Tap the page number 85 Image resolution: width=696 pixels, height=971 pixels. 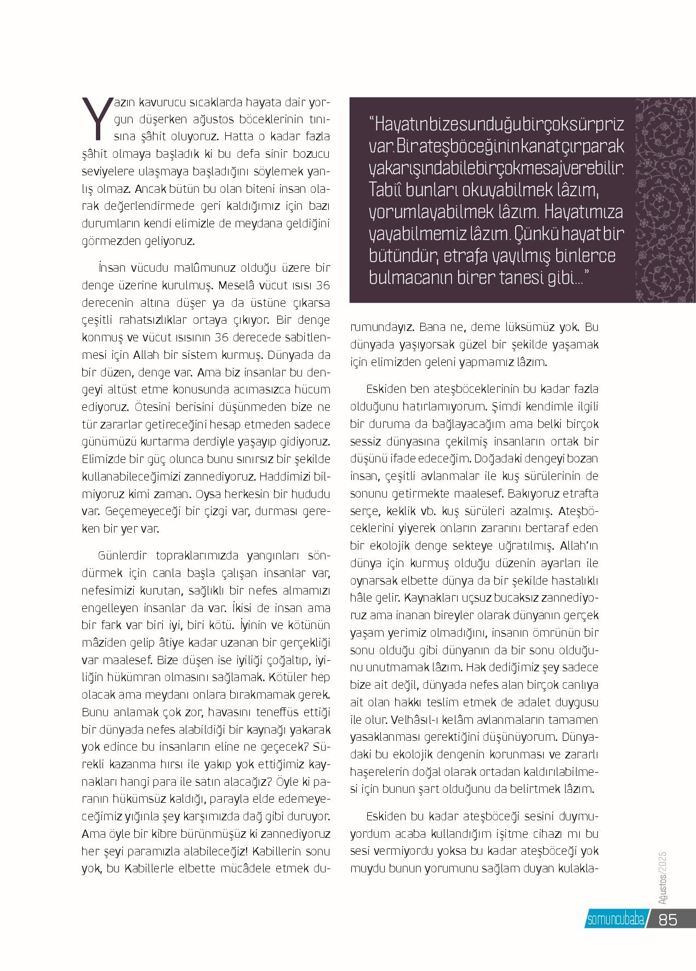pyautogui.click(x=668, y=919)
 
